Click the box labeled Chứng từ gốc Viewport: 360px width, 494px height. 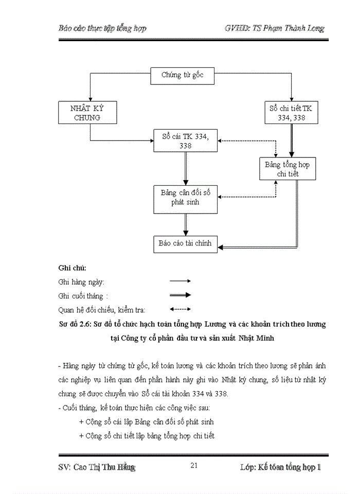(183, 75)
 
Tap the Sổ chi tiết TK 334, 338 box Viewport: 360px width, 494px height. (291, 113)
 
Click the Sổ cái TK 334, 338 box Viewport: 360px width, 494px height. (186, 140)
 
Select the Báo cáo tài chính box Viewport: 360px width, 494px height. (186, 244)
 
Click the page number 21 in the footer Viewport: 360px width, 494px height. (194, 466)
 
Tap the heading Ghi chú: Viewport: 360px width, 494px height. (73, 268)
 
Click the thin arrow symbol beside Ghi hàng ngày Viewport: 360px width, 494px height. (180, 281)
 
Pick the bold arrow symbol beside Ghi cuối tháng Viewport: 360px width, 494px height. (180, 295)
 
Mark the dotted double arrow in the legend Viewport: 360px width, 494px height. (180, 309)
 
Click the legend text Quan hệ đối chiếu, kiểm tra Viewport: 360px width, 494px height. (102, 310)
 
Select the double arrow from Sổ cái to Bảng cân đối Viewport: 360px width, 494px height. (186, 168)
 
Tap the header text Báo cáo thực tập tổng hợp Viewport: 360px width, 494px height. (103, 28)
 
